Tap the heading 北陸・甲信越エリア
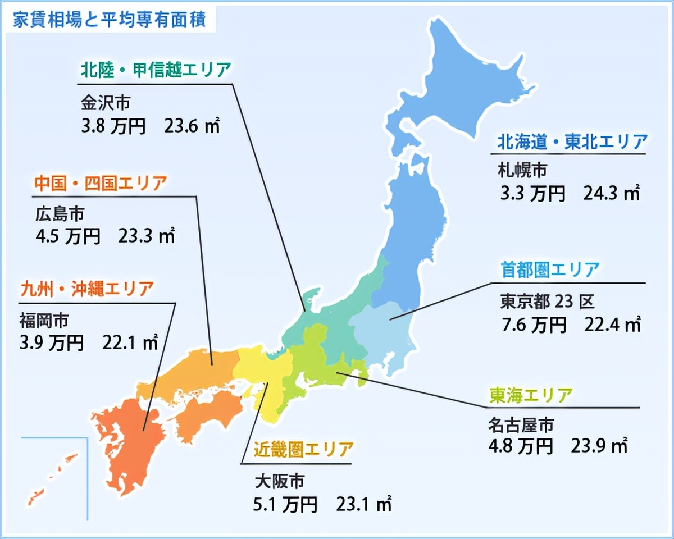click(x=155, y=71)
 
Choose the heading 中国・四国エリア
click(x=101, y=183)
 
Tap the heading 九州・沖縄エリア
click(x=86, y=290)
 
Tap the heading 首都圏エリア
click(x=550, y=270)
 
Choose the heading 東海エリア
click(x=530, y=395)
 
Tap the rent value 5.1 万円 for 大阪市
click(x=285, y=504)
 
